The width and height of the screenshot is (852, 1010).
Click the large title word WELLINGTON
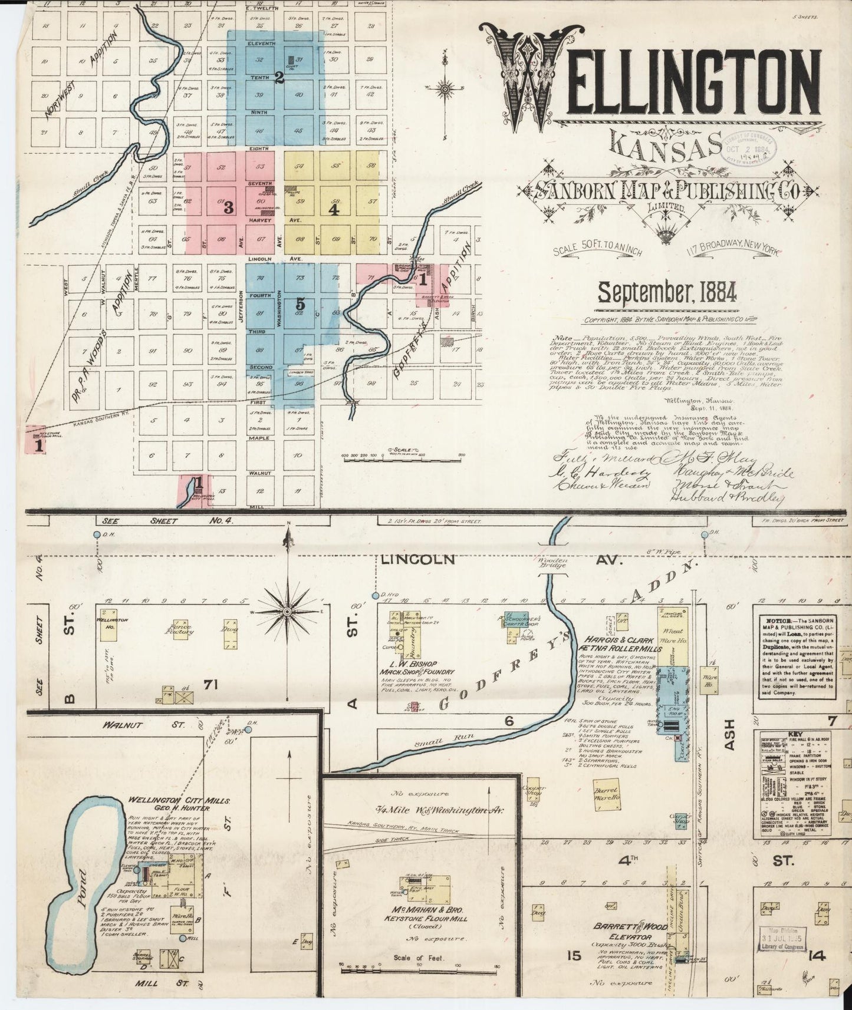point(649,80)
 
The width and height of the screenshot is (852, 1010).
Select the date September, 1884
point(666,291)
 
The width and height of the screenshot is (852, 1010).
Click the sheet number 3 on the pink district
point(229,207)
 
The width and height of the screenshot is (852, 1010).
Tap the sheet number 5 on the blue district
point(301,304)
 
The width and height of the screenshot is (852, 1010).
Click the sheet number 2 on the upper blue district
point(280,80)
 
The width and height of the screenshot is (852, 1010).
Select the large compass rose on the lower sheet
point(287,612)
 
